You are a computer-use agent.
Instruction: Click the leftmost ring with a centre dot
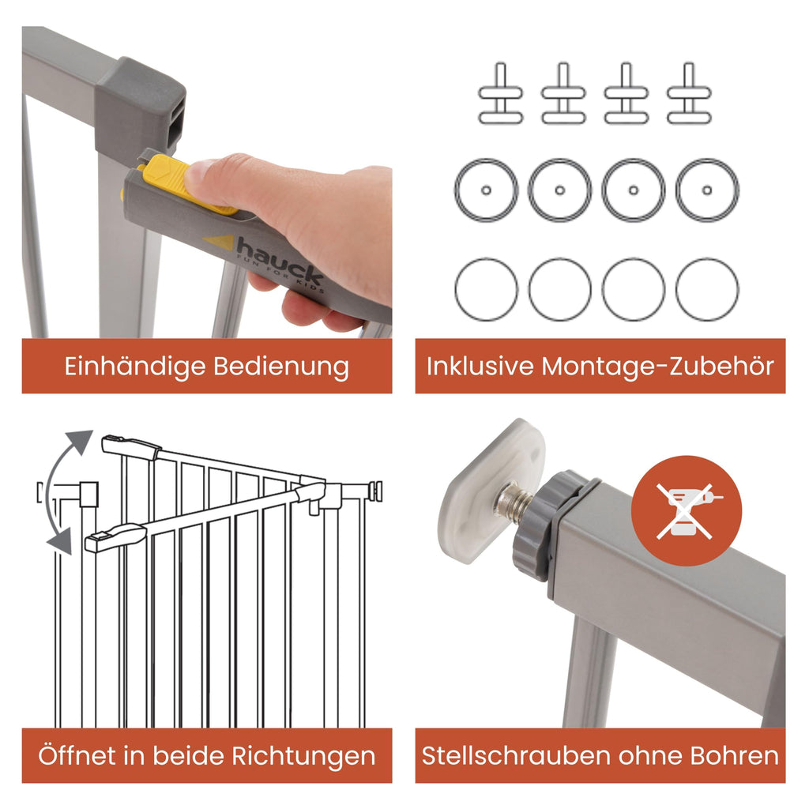tap(486, 190)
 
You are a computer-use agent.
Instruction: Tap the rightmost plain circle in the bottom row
tap(707, 289)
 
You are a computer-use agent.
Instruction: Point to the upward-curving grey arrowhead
tap(81, 442)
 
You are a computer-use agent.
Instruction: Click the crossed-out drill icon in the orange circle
tap(686, 510)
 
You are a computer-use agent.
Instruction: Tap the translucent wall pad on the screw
tap(489, 490)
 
